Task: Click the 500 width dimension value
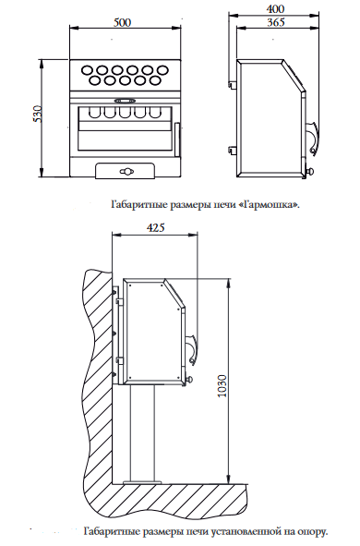coord(123,22)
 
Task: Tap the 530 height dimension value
coord(37,114)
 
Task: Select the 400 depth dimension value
coord(275,8)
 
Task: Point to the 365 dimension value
coord(276,22)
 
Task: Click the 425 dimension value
coord(155,228)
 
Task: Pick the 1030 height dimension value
coord(222,386)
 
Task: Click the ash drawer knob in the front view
coord(126,171)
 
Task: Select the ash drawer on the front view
coord(126,171)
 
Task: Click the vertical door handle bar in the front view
coord(176,140)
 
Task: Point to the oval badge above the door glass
coord(125,101)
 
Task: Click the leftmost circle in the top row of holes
coord(88,70)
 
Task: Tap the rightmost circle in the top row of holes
coord(162,70)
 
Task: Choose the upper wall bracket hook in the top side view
coord(233,84)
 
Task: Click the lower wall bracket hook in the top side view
coord(233,150)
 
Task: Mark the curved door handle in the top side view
coord(315,138)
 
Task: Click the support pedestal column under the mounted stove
coord(142,433)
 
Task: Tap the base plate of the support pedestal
coord(142,482)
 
